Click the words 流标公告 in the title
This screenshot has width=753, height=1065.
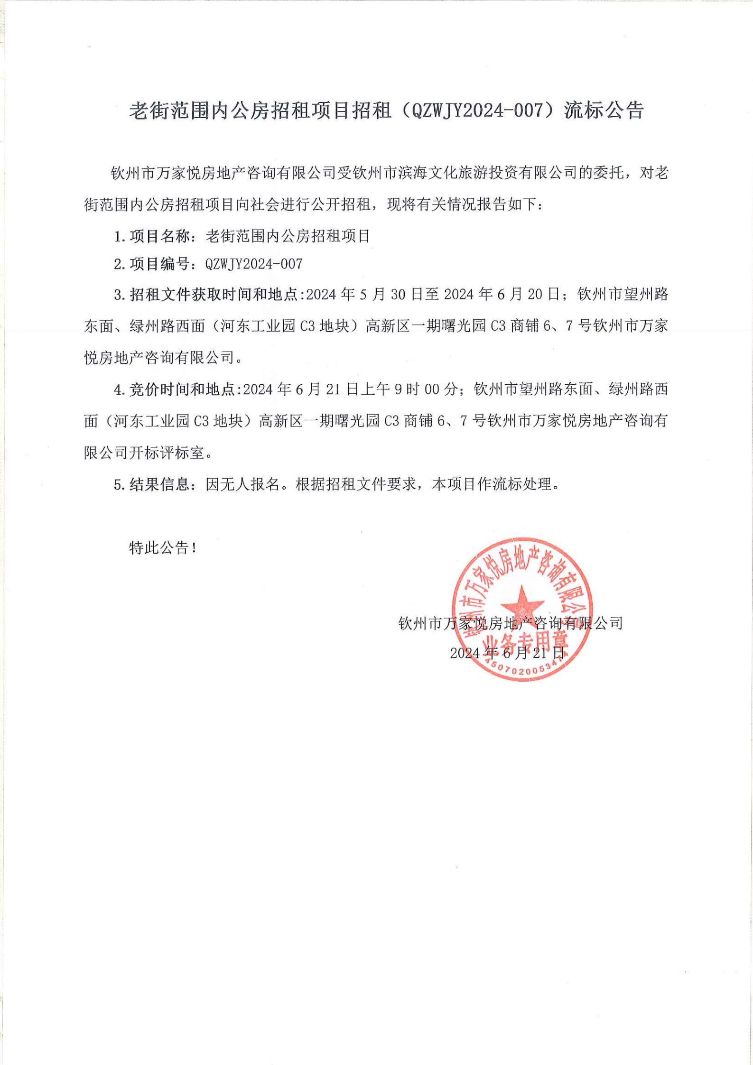(604, 111)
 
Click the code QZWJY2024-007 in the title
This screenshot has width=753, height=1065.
(477, 111)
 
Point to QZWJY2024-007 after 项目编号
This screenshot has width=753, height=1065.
(254, 264)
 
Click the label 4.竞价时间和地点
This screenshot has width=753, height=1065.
(178, 389)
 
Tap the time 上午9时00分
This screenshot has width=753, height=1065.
(409, 389)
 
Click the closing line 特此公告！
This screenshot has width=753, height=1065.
(162, 548)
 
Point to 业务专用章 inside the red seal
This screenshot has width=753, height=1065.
(521, 644)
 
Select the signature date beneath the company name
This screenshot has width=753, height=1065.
(507, 653)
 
